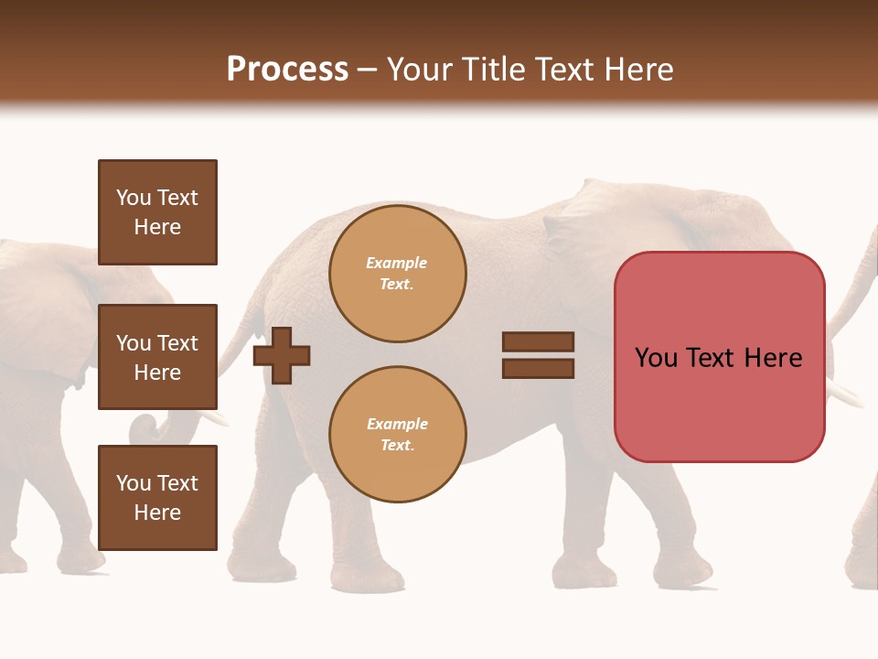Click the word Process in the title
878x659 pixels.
coord(287,70)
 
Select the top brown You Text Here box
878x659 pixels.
coord(157,212)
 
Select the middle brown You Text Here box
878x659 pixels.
coord(157,357)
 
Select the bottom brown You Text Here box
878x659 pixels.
coord(157,498)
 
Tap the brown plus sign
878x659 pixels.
coord(282,355)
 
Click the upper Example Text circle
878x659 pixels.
coord(397,274)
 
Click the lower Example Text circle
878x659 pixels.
coord(397,434)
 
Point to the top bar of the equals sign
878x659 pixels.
coord(538,342)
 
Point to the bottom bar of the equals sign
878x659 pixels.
coord(538,368)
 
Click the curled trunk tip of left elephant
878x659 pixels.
coord(144,428)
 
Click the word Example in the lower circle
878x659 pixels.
coord(397,424)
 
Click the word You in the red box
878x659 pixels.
coord(656,358)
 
